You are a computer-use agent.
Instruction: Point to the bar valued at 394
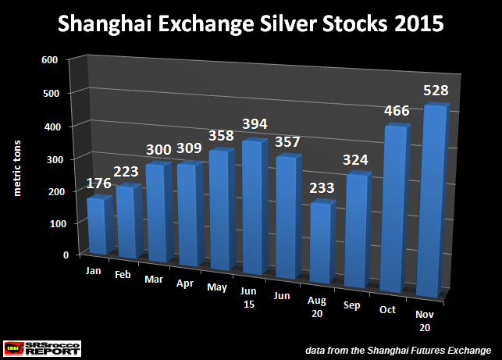click(x=252, y=207)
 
